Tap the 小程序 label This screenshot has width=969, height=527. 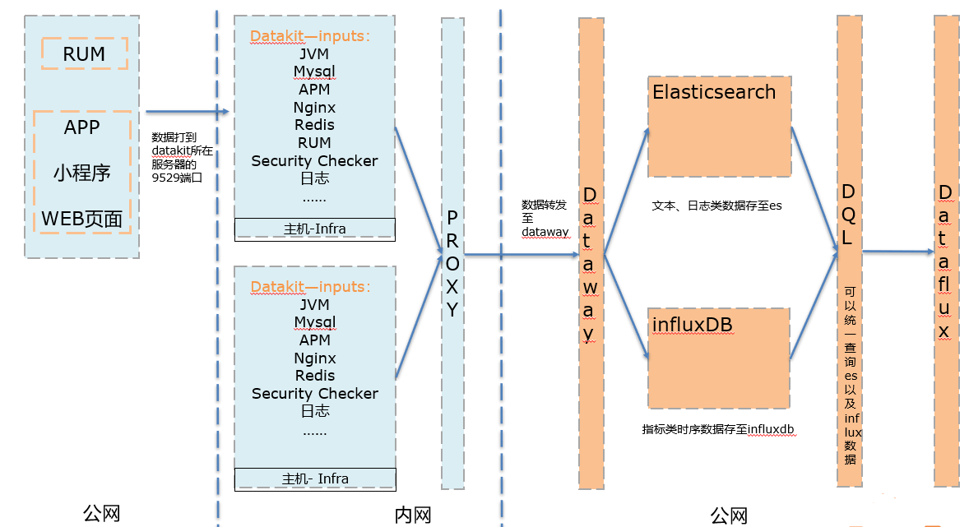pos(81,173)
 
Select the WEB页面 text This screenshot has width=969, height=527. pos(81,219)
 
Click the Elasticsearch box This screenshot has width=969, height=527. pos(719,127)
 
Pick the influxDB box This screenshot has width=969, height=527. pos(719,358)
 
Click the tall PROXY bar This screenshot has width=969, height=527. pos(452,253)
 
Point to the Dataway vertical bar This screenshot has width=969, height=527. pos(591,253)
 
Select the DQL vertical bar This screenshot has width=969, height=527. pos(849,251)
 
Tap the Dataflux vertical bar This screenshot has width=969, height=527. pos(946,251)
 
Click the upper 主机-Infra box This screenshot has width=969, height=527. pos(314,229)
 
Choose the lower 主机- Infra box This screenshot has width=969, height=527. pos(315,479)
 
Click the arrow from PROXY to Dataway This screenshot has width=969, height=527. pos(522,254)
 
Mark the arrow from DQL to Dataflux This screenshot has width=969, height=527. pos(898,252)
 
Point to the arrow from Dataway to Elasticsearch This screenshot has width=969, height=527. pos(626,191)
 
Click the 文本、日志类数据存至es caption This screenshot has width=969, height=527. pos(716,206)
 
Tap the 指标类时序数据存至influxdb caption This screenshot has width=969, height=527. pos(718,429)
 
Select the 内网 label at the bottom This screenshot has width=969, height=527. pos(413,515)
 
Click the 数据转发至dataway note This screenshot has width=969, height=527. pos(545,218)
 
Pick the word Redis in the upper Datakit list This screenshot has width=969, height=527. pos(314,125)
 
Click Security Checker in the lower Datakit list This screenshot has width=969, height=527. pos(315,394)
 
